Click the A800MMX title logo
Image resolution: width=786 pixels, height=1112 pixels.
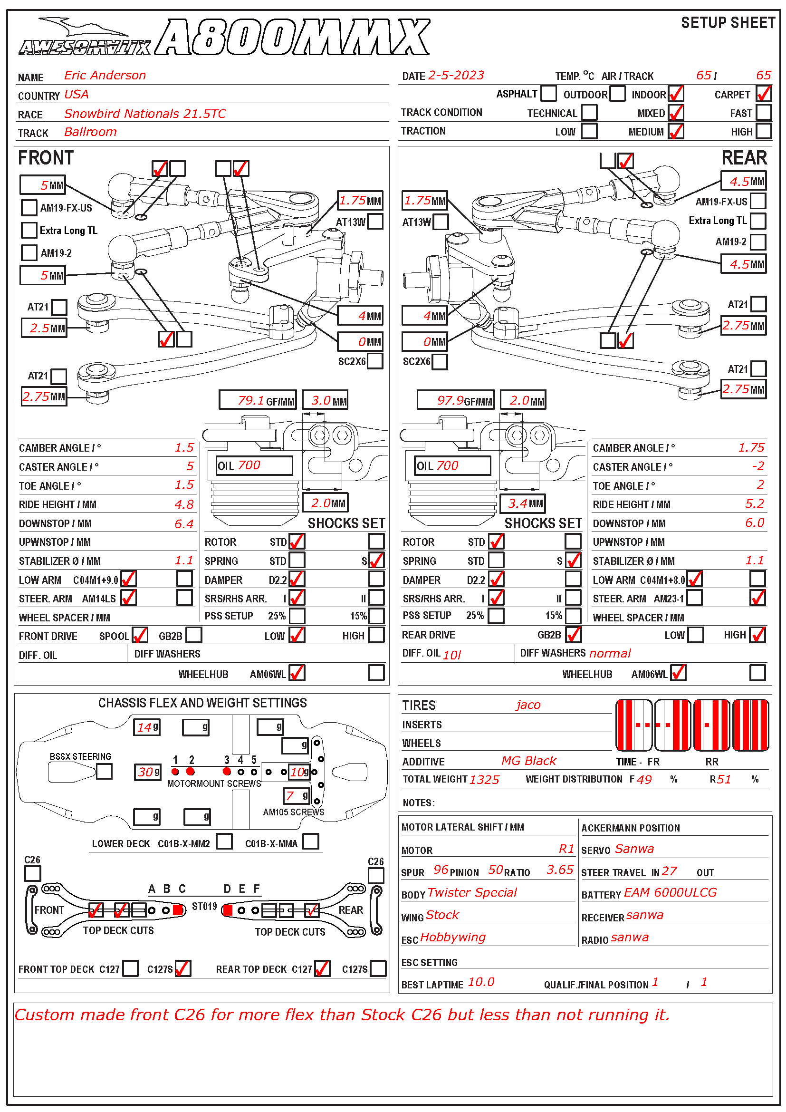tap(293, 37)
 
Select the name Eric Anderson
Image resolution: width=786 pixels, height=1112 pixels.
tap(105, 76)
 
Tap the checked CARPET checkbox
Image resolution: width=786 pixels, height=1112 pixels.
tap(763, 94)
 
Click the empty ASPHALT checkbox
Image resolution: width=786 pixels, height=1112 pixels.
tap(548, 93)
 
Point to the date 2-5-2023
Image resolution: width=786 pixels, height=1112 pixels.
tap(455, 76)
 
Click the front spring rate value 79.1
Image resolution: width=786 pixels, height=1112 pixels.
tap(251, 400)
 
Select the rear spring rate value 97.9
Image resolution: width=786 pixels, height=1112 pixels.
tap(450, 400)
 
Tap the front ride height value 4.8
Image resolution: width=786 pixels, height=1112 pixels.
tap(184, 505)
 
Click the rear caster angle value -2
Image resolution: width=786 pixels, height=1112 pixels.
tap(757, 466)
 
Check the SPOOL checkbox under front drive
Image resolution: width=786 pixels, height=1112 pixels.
tap(139, 635)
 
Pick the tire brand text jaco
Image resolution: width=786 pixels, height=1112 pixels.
tap(527, 705)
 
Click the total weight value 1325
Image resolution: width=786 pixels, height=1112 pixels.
tap(484, 780)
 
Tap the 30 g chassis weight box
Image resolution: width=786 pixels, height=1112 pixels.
tap(146, 772)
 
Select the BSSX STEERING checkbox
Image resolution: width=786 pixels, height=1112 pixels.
tap(104, 771)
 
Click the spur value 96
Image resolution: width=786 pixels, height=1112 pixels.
tap(441, 870)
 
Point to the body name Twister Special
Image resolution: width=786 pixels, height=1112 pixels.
tap(472, 893)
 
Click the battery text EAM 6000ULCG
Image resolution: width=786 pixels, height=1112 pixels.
tap(670, 893)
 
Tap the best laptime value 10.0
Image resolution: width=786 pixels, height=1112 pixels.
tap(480, 982)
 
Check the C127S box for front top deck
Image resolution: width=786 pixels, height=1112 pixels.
tap(182, 968)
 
